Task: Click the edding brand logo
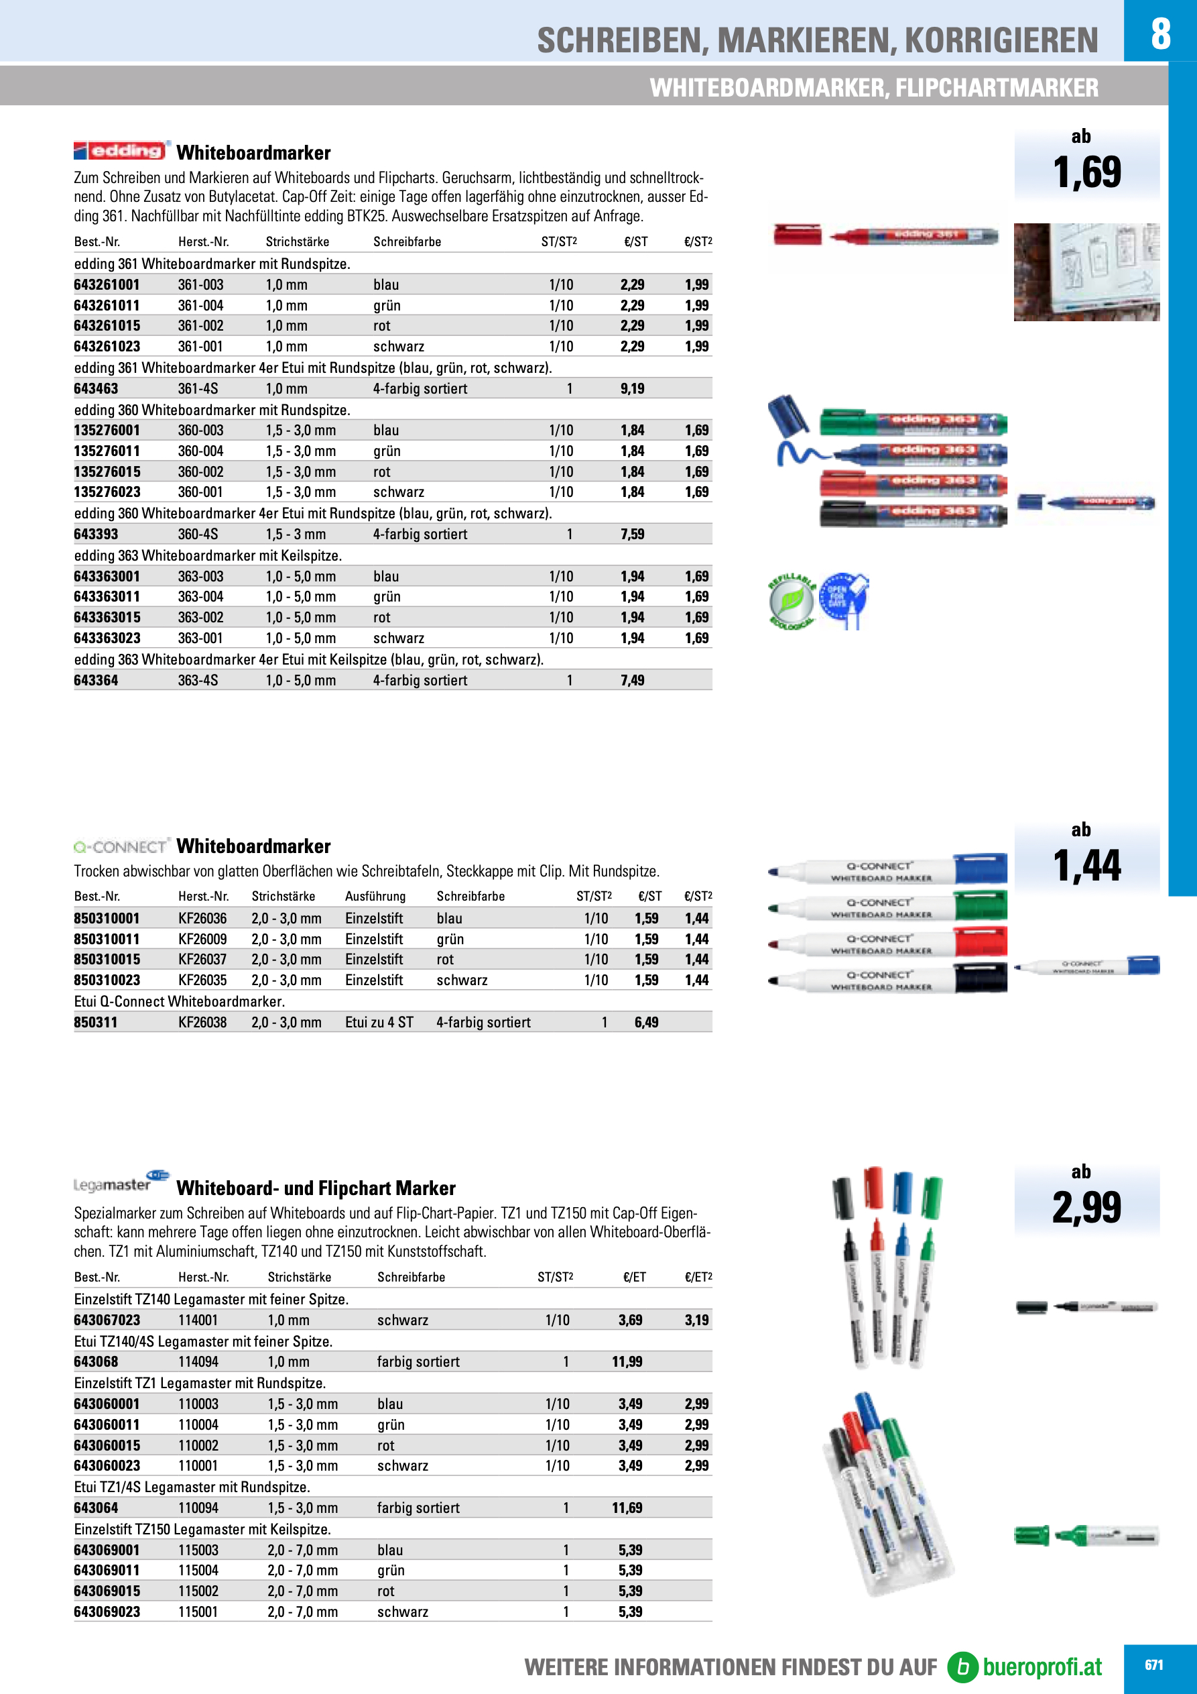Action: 123,150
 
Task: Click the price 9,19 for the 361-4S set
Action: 632,389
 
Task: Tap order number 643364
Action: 96,680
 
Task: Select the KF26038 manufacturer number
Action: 202,1023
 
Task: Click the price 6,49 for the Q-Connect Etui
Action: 646,1023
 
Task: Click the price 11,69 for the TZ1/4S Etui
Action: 627,1508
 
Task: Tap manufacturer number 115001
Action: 198,1612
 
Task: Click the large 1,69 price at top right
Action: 1086,172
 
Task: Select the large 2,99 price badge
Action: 1086,1208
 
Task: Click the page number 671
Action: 1153,1665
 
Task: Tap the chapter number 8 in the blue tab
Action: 1160,34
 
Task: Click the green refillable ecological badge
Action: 792,601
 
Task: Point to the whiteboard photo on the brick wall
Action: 1086,272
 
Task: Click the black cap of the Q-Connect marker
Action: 981,979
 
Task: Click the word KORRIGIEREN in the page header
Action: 1001,41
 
